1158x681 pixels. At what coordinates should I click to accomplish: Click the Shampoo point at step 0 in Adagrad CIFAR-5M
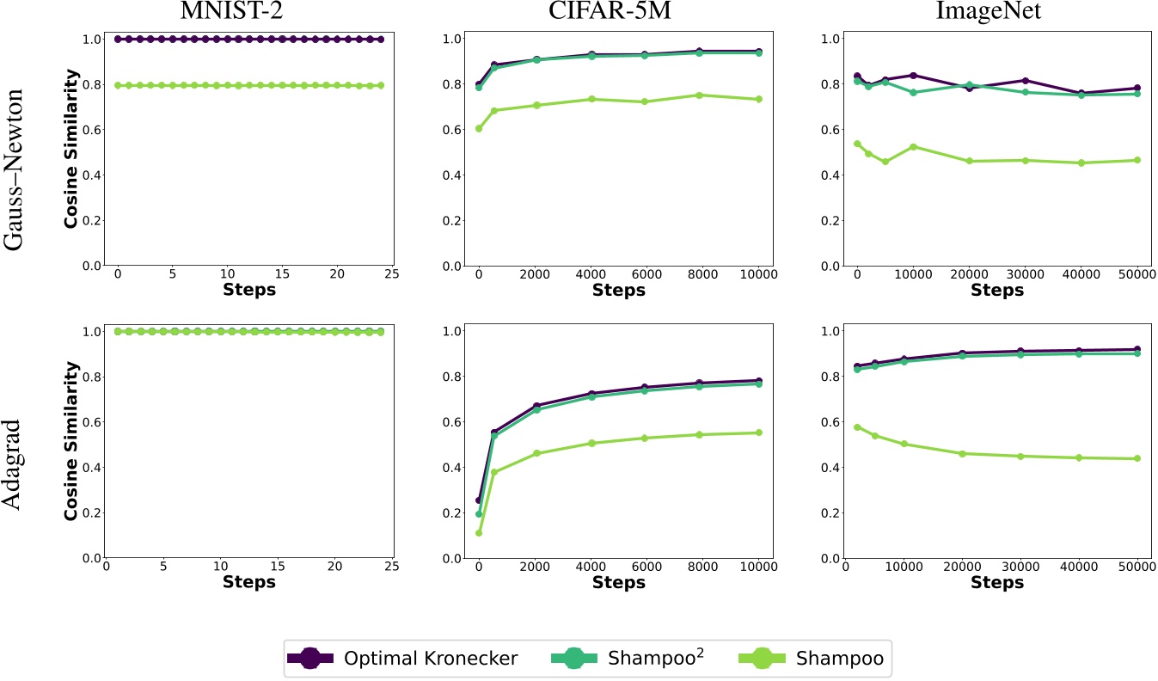tap(479, 533)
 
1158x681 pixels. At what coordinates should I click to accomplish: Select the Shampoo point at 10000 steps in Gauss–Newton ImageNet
tap(913, 147)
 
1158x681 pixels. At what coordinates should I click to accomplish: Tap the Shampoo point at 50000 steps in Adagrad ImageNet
tap(1137, 458)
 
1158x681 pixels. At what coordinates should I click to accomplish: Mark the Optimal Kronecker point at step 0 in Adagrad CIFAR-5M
tap(479, 500)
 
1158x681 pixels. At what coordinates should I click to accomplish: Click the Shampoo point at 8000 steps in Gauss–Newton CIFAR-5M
tap(699, 95)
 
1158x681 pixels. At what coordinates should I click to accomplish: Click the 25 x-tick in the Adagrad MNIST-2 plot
tap(391, 567)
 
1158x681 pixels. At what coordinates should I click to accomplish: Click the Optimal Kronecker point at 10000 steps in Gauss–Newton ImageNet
tap(913, 76)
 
